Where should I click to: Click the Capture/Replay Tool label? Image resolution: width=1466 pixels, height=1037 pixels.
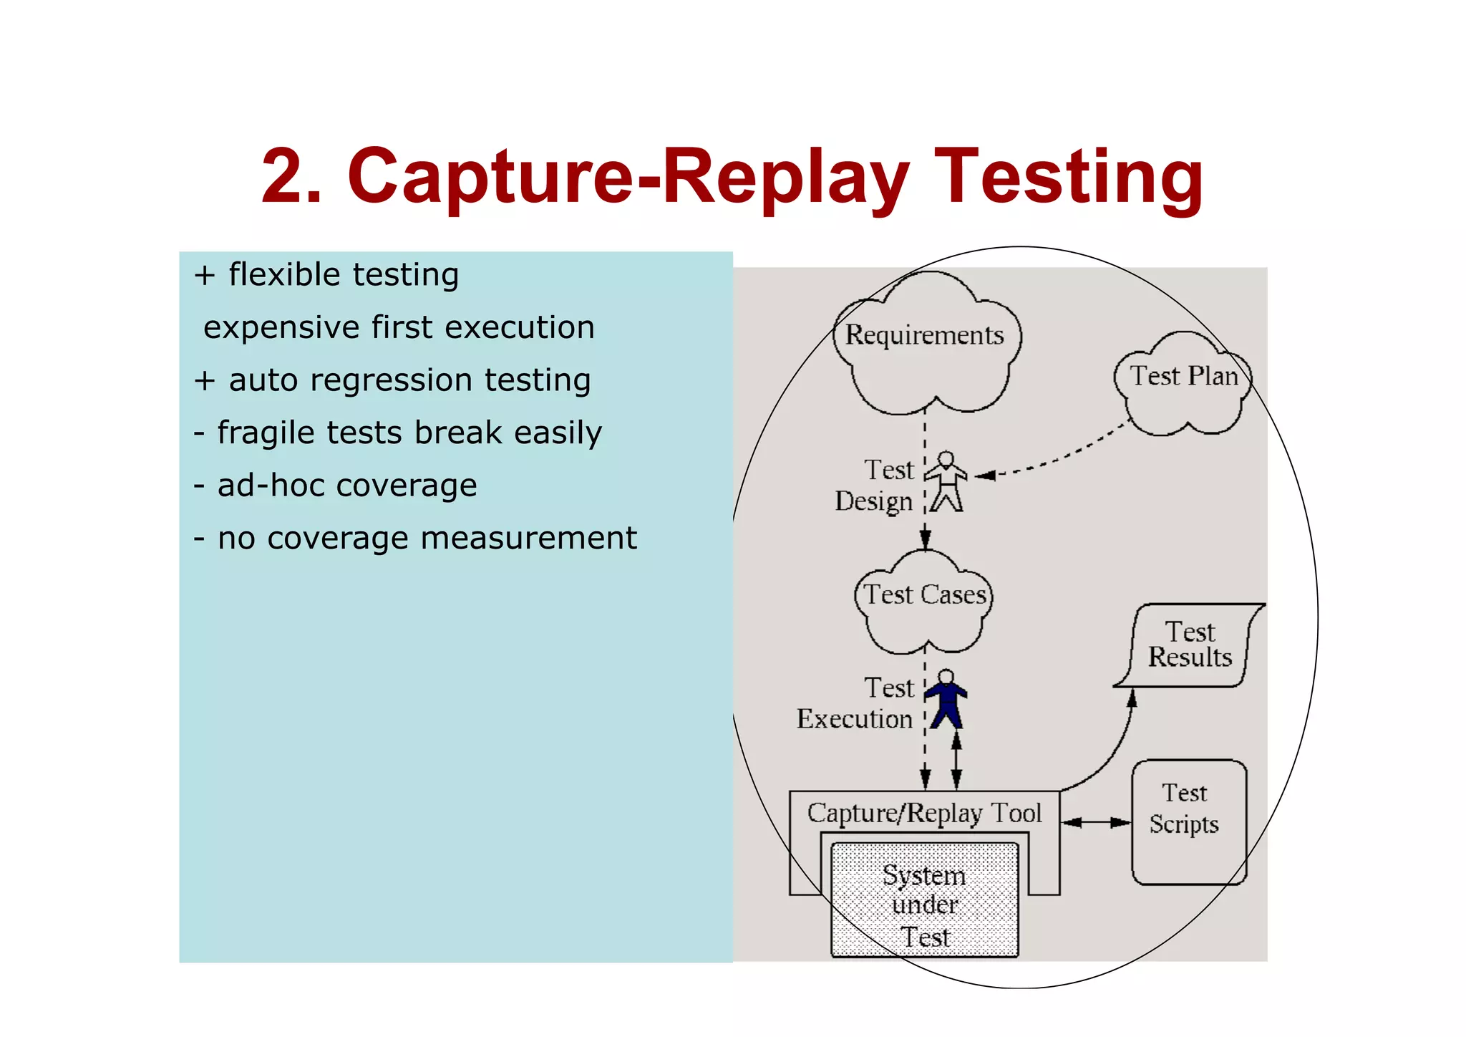click(x=923, y=813)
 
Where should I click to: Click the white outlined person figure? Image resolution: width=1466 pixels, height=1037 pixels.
click(x=946, y=481)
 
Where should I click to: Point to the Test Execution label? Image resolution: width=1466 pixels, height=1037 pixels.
click(x=856, y=703)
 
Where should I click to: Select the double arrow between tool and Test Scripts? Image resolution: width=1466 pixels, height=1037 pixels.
click(x=1095, y=822)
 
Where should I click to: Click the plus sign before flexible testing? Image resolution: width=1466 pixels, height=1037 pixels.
click(x=205, y=276)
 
